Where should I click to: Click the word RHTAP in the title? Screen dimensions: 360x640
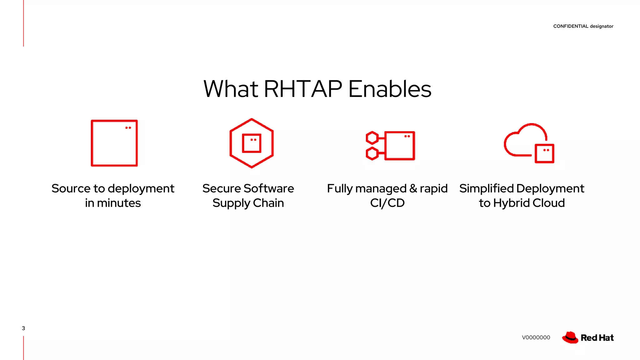click(x=303, y=89)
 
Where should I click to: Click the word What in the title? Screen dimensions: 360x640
click(x=231, y=89)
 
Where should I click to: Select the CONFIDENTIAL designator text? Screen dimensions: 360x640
click(x=583, y=26)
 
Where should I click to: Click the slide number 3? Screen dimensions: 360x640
click(x=23, y=328)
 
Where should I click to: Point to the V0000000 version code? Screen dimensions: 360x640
click(x=536, y=337)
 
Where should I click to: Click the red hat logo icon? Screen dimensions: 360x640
click(x=570, y=337)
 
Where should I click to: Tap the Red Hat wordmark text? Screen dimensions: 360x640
click(x=597, y=338)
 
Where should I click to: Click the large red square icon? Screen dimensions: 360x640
click(x=114, y=143)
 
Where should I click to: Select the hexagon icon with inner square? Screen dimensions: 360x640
click(x=252, y=143)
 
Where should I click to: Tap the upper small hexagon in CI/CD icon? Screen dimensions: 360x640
click(x=372, y=138)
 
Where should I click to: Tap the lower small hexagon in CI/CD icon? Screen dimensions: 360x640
click(x=372, y=154)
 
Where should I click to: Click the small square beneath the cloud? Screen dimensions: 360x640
click(x=544, y=154)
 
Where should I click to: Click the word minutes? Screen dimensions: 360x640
click(x=119, y=203)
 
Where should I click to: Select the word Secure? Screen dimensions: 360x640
click(x=221, y=188)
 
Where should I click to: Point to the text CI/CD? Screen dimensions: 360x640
click(x=387, y=203)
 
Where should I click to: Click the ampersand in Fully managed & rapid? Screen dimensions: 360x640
click(x=413, y=188)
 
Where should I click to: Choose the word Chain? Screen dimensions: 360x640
click(x=268, y=203)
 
